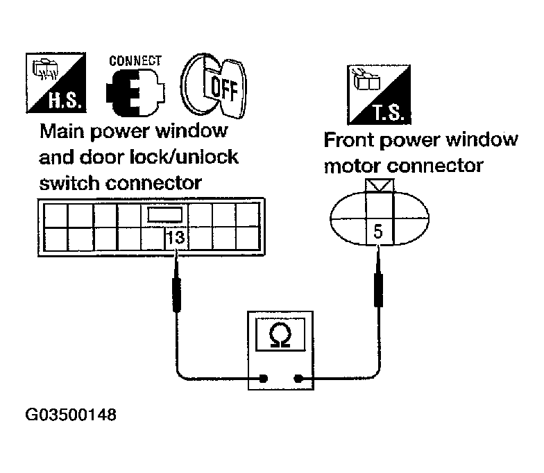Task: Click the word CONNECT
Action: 135,60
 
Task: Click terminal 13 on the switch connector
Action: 176,238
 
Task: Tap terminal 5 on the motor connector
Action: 377,232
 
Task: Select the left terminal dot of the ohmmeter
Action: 264,379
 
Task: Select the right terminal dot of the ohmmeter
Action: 299,379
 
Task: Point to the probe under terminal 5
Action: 378,287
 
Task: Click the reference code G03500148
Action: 71,416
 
